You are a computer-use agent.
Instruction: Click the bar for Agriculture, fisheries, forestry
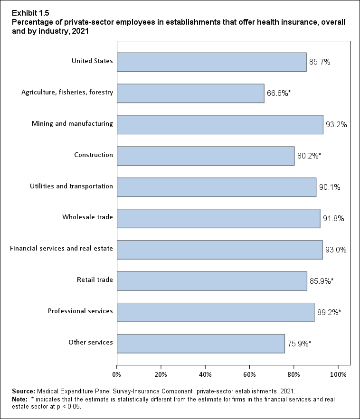tap(190, 93)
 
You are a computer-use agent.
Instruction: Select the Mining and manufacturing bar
tap(220, 124)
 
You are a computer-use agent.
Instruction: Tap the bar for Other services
tap(200, 343)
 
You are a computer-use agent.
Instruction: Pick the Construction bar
tap(206, 156)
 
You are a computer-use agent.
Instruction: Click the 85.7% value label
tap(320, 62)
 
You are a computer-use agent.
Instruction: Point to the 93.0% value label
tap(336, 250)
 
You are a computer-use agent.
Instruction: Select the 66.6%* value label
tap(278, 93)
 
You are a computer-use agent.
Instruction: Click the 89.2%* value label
tap(328, 312)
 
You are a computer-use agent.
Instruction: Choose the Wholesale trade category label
tap(87, 217)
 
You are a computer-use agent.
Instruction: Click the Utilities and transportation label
tap(71, 186)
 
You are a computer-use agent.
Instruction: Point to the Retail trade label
tap(95, 280)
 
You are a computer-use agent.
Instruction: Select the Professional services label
tap(80, 311)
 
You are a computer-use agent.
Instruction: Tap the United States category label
tap(92, 61)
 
